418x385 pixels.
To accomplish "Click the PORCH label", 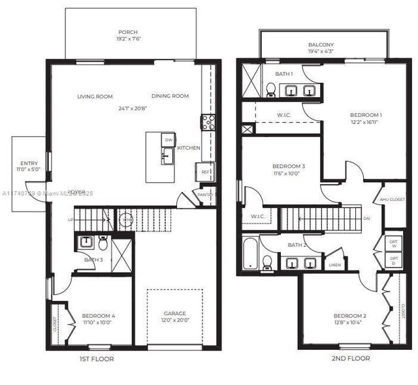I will pyautogui.click(x=127, y=32).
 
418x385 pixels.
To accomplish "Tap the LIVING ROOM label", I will pyautogui.click(x=95, y=97).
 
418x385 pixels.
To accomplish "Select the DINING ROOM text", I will pyautogui.click(x=170, y=97).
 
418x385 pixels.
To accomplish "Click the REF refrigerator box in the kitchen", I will pyautogui.click(x=204, y=172).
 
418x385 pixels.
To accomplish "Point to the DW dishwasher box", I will pyautogui.click(x=168, y=140).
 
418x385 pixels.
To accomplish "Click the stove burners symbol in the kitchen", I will pyautogui.click(x=208, y=122).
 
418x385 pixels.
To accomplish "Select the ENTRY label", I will pyautogui.click(x=29, y=164).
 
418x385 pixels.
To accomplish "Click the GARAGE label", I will pyautogui.click(x=174, y=314).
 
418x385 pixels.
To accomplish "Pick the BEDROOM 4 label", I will pyautogui.click(x=99, y=316).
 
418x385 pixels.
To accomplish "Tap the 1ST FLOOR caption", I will pyautogui.click(x=96, y=359).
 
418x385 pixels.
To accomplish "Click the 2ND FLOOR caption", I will pyautogui.click(x=351, y=358).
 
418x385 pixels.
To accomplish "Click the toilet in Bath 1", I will pyautogui.click(x=270, y=89).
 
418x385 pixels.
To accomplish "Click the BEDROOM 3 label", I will pyautogui.click(x=289, y=167).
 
